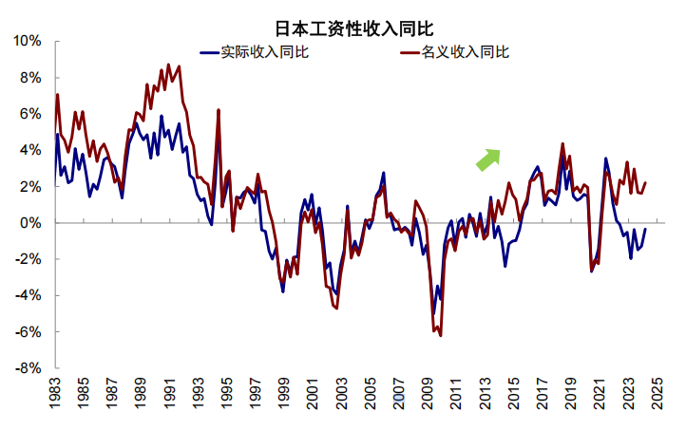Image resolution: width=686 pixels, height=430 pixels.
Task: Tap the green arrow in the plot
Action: point(488,158)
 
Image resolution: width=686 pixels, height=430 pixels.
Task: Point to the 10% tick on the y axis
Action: point(28,42)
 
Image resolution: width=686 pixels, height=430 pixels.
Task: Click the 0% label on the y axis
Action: point(30,223)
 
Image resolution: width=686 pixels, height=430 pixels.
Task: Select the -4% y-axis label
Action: point(29,295)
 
